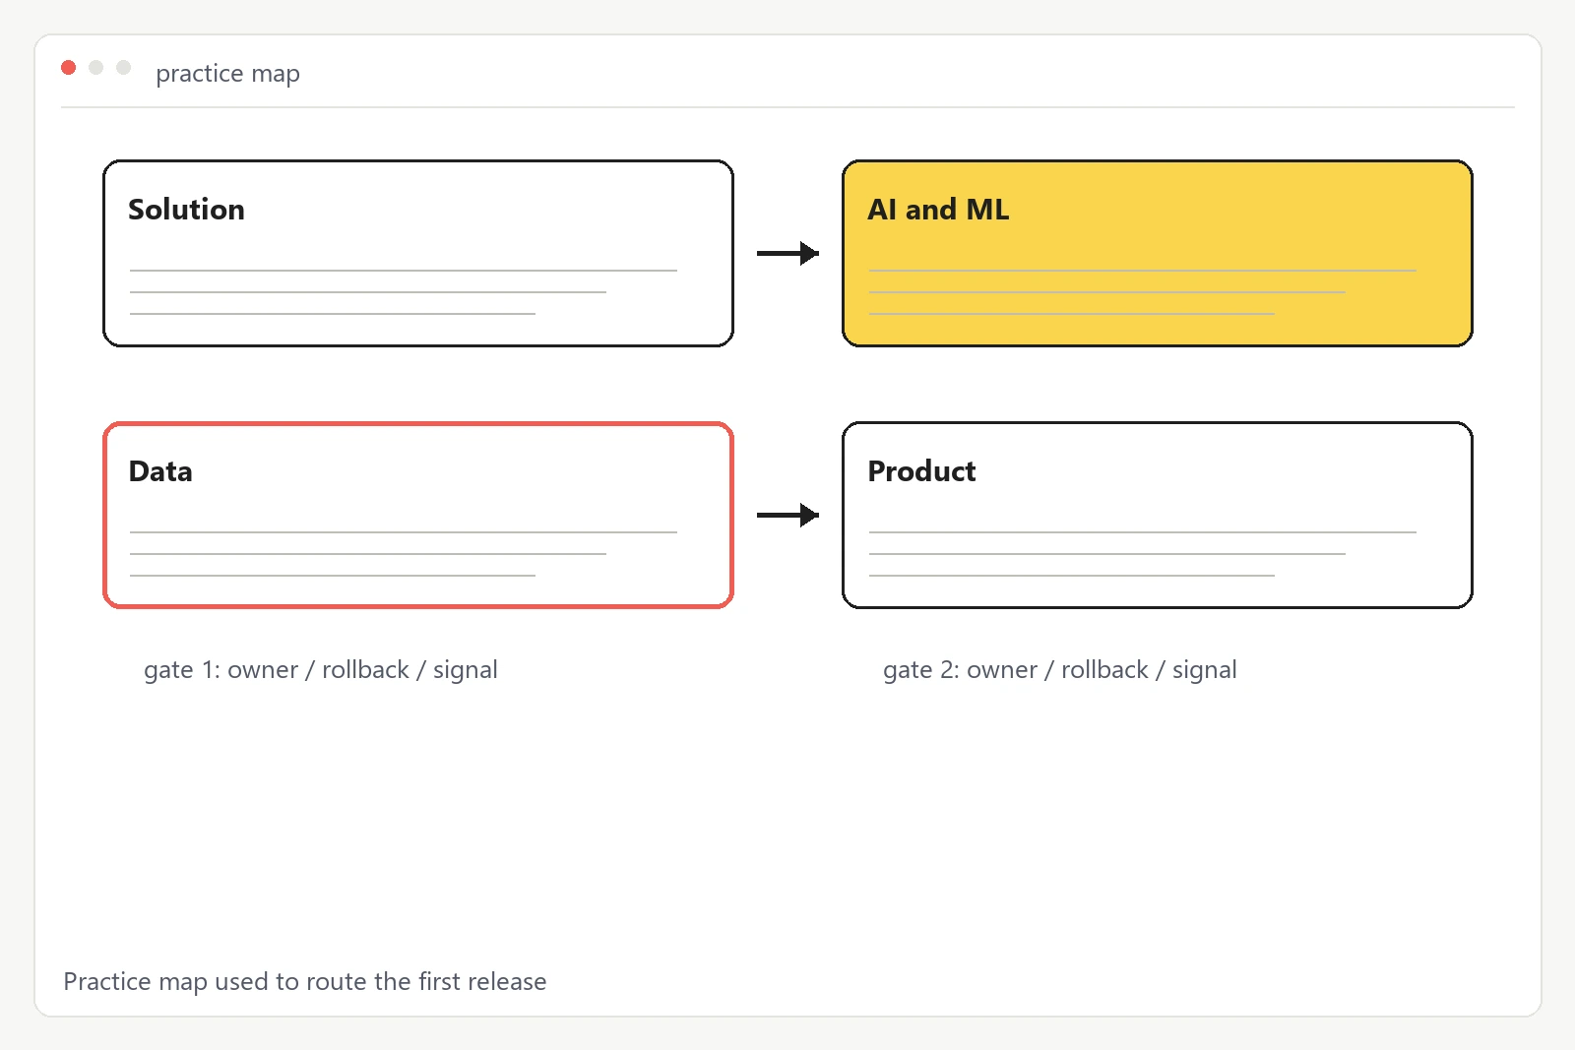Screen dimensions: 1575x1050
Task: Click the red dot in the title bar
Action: click(68, 68)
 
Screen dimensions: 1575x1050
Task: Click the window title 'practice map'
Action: click(227, 73)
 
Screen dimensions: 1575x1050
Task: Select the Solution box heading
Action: click(186, 210)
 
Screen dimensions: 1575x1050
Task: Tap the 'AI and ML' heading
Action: click(938, 210)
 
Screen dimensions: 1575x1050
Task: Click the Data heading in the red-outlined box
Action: click(160, 471)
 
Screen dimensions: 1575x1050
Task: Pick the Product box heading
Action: click(921, 471)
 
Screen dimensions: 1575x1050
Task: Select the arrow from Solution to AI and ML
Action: click(788, 253)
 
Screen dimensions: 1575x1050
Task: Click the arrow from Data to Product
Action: click(788, 516)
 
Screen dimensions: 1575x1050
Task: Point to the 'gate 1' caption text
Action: click(321, 670)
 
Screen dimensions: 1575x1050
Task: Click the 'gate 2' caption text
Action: click(1059, 670)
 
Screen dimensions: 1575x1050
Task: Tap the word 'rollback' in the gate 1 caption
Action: click(365, 670)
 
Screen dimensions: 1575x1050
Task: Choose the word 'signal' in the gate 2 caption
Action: click(1205, 670)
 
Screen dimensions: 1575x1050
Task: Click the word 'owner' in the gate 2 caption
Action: click(1002, 670)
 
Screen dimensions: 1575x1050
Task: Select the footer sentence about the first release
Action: click(305, 981)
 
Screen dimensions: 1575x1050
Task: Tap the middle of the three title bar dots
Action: click(95, 68)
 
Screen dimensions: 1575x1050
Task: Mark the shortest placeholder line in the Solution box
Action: click(333, 314)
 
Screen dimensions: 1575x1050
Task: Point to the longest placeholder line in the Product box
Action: click(1143, 532)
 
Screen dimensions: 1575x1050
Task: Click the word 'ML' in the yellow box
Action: click(988, 210)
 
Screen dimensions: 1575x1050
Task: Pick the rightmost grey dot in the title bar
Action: click(123, 68)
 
